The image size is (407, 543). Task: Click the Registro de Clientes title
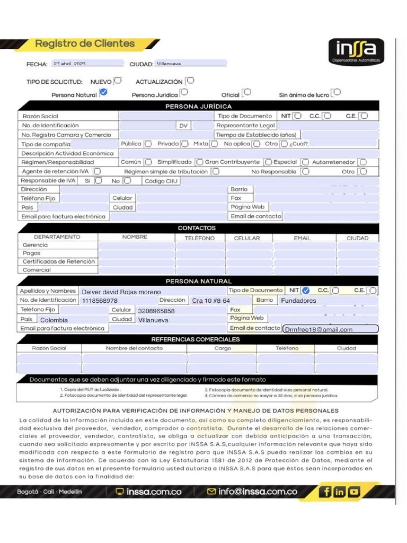click(x=85, y=43)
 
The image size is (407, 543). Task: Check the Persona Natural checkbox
click(x=103, y=93)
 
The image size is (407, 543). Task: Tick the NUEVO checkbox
click(x=117, y=81)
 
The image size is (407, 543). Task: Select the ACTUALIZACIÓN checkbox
click(x=190, y=81)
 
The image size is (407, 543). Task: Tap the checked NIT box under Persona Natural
click(x=305, y=290)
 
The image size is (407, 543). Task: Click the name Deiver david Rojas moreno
click(x=121, y=292)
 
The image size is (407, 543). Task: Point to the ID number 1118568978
click(x=100, y=301)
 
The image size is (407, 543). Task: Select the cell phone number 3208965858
click(x=156, y=311)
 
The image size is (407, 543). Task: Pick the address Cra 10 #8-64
click(x=210, y=301)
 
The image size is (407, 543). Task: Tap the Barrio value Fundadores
click(x=298, y=301)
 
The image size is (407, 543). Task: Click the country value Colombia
click(x=54, y=320)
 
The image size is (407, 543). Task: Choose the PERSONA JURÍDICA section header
click(x=198, y=107)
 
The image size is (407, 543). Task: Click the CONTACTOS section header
click(x=197, y=228)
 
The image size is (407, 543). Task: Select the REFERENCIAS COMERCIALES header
click(x=196, y=339)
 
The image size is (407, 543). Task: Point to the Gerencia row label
click(x=36, y=245)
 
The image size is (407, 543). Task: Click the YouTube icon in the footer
click(x=353, y=492)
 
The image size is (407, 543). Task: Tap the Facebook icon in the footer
click(x=325, y=492)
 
